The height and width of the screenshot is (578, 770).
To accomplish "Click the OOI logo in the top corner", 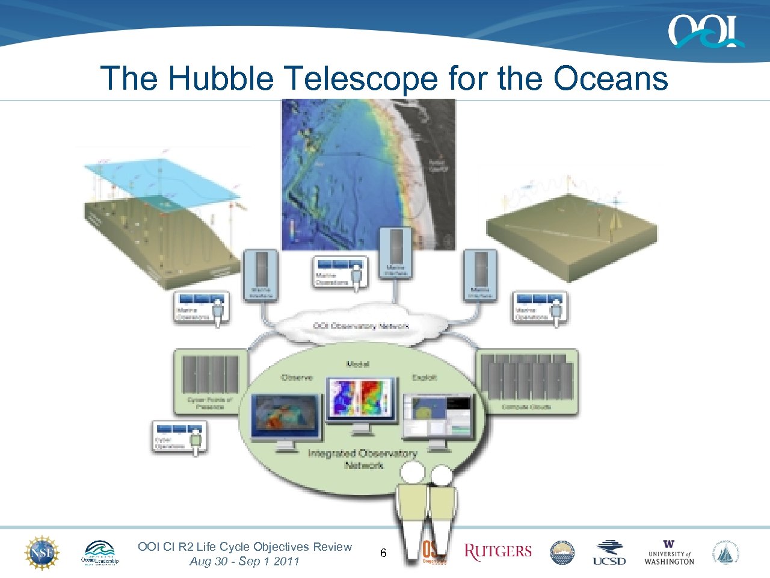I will pyautogui.click(x=705, y=31).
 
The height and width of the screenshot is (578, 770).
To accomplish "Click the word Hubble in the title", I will pyautogui.click(x=220, y=78).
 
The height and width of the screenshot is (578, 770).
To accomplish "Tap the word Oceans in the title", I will pyautogui.click(x=610, y=78).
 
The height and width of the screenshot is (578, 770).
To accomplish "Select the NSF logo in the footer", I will pyautogui.click(x=42, y=552).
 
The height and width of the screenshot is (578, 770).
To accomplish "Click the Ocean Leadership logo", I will pyautogui.click(x=100, y=552).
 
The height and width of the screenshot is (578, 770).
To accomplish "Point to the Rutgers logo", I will pyautogui.click(x=498, y=552).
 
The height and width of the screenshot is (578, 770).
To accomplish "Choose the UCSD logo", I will pyautogui.click(x=609, y=552).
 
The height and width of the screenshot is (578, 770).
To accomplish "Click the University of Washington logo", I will pyautogui.click(x=669, y=552).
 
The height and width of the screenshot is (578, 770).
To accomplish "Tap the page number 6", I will pyautogui.click(x=383, y=553).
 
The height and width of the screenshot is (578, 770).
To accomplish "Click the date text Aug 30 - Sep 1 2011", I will pyautogui.click(x=244, y=561).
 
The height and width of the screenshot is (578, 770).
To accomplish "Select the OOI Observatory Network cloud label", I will pyautogui.click(x=361, y=326).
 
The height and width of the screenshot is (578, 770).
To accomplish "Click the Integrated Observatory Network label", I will pyautogui.click(x=362, y=459).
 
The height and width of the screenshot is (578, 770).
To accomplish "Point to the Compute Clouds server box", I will pyautogui.click(x=528, y=382).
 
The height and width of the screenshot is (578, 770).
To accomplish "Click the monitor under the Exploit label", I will pyautogui.click(x=438, y=417).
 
